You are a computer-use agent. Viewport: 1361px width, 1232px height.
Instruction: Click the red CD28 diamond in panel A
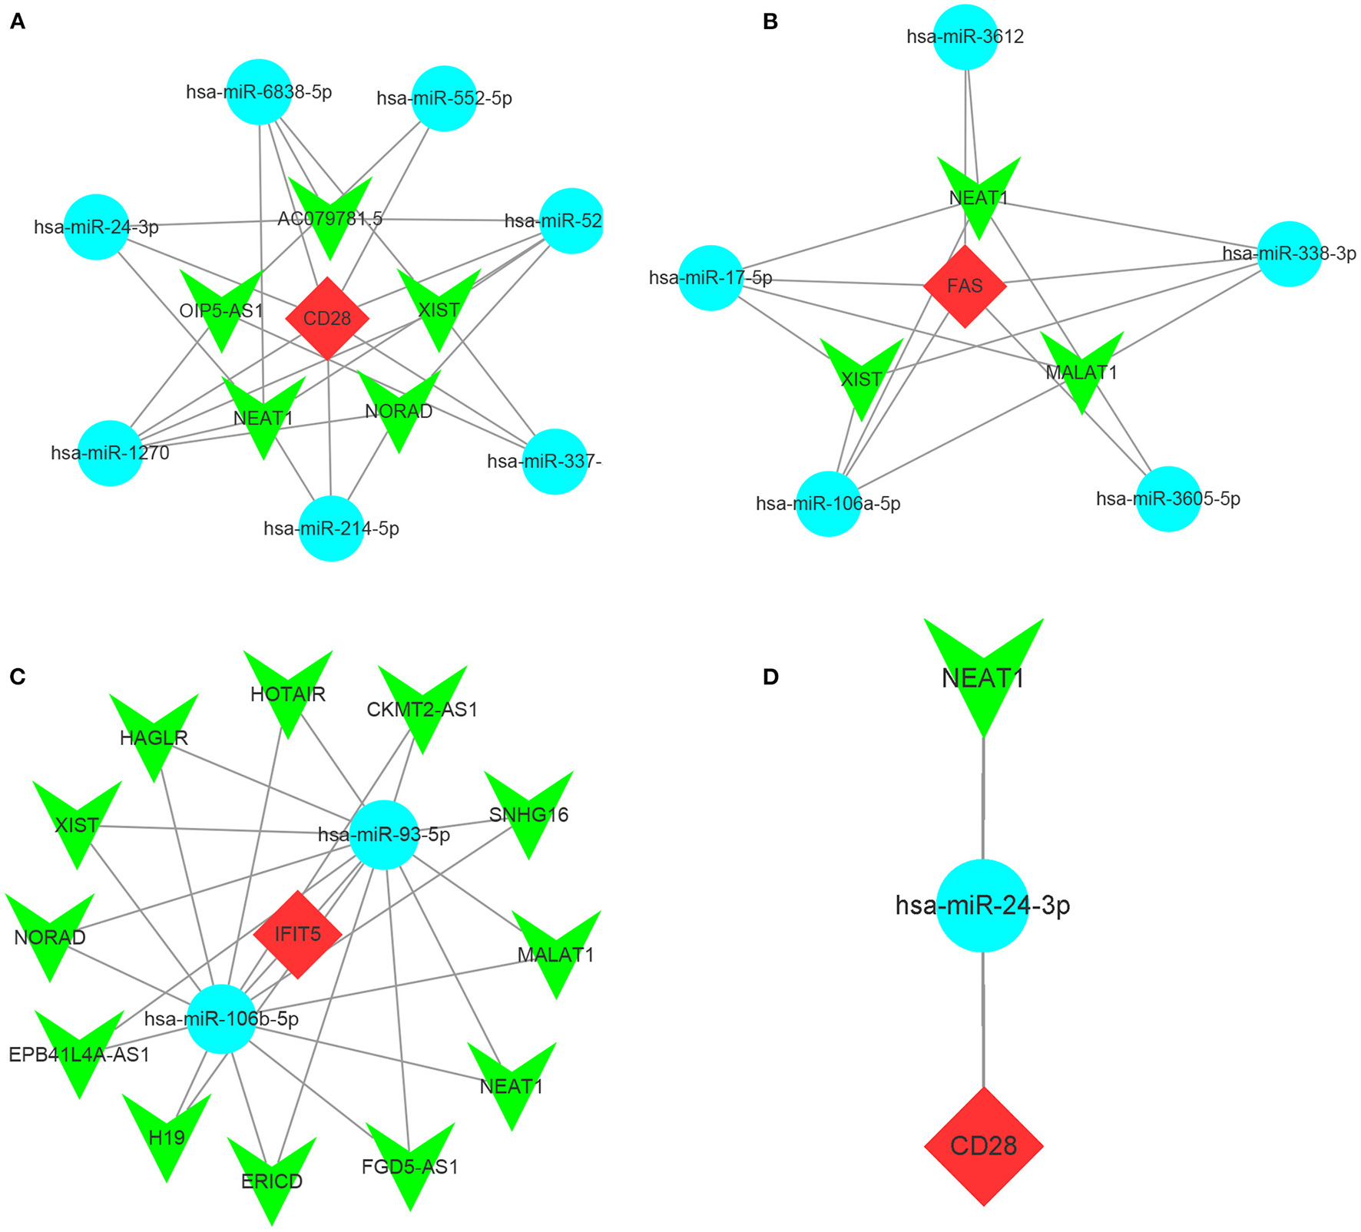click(327, 318)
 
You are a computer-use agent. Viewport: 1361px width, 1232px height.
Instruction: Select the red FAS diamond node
click(965, 286)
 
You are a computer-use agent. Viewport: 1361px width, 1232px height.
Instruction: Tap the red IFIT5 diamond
click(297, 934)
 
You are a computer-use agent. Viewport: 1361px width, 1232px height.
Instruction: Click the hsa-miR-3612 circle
click(965, 36)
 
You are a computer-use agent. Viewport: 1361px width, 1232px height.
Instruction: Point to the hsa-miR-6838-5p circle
click(259, 91)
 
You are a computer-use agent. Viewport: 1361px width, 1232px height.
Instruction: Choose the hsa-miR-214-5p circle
click(331, 528)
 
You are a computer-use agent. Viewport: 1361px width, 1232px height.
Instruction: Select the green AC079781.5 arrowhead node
click(330, 211)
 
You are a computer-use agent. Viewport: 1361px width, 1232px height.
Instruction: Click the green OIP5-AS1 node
click(221, 303)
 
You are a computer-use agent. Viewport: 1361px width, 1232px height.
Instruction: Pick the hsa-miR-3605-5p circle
click(1167, 498)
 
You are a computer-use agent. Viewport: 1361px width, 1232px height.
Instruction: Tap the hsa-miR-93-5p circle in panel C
click(384, 834)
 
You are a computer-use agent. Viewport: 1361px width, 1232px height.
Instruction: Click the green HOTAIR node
click(288, 687)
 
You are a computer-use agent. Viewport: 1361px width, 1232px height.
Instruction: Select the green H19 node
click(167, 1131)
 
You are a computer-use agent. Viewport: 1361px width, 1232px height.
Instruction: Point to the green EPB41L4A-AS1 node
click(79, 1046)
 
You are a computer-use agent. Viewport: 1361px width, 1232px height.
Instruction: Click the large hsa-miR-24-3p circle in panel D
click(982, 906)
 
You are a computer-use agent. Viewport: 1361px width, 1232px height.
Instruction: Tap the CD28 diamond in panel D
click(983, 1146)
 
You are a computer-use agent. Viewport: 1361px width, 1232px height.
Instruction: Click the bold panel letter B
click(770, 22)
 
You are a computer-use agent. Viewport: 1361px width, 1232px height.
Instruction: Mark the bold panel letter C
click(17, 677)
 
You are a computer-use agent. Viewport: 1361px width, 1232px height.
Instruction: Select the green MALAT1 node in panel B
click(1081, 366)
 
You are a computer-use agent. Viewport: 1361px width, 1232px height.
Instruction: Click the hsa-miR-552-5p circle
click(444, 98)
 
